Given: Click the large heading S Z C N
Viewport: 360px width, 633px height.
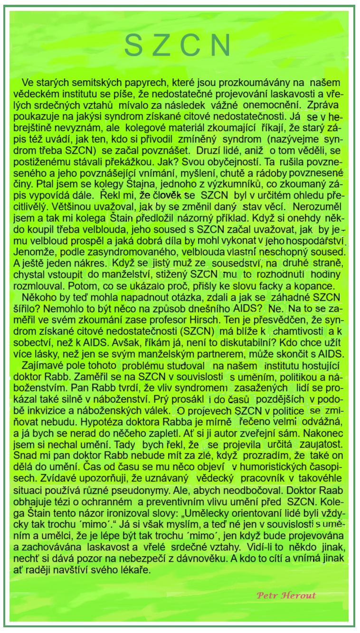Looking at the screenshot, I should (x=178, y=45).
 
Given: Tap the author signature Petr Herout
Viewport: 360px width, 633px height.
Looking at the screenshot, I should (x=286, y=595).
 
